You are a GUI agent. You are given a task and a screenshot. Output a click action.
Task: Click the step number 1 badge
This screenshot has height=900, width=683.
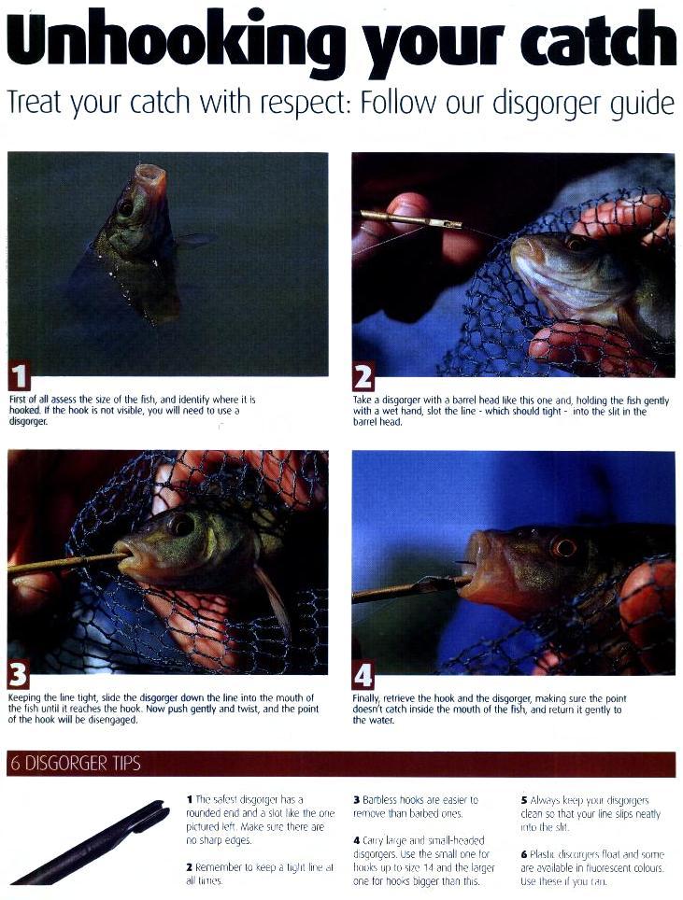20,376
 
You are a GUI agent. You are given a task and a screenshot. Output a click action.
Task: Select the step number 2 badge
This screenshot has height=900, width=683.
363,376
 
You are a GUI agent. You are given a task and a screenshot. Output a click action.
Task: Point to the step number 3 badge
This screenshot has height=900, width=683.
19,674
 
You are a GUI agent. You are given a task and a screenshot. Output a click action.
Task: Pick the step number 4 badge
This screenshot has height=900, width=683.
363,675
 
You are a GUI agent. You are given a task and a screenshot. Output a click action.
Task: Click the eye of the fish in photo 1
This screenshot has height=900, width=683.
124,207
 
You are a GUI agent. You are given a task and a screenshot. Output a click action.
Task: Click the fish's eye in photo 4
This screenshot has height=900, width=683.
563,547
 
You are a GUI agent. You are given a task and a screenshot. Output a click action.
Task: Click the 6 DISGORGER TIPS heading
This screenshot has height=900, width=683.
76,764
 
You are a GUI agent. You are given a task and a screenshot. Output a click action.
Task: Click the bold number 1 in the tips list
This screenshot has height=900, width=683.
190,799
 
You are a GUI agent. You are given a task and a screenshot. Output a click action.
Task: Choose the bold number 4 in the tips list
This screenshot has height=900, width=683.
357,840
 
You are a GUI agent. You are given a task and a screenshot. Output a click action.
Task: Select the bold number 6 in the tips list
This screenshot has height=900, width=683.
524,854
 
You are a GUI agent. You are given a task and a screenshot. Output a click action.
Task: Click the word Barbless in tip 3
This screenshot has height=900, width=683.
380,799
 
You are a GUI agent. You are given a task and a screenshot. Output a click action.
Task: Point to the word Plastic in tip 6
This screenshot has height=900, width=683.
540,854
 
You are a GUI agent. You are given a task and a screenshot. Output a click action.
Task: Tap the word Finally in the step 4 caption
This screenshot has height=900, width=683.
366,699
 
